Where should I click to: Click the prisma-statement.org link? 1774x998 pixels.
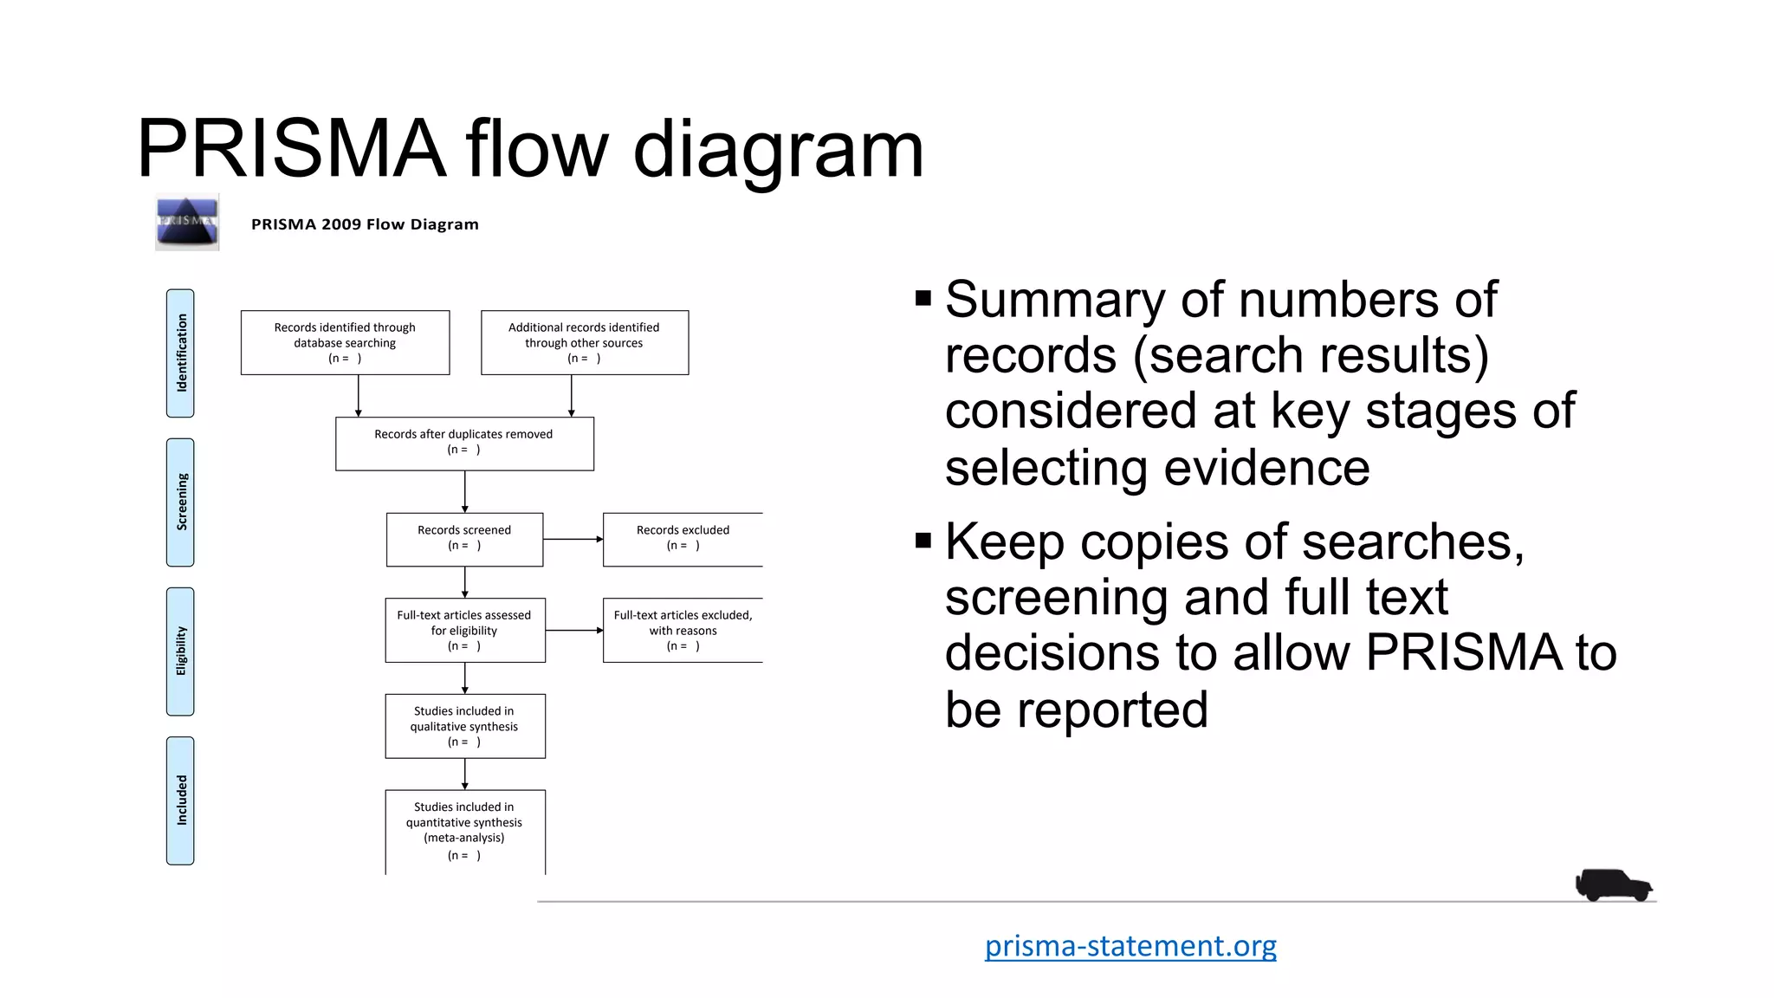[1130, 945]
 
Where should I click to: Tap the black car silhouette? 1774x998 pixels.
[1613, 885]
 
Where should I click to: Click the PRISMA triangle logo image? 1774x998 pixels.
[187, 223]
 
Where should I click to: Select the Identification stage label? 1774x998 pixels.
[180, 353]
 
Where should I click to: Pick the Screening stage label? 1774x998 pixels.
[180, 502]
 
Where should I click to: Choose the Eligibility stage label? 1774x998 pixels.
[180, 651]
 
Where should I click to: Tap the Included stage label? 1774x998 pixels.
[180, 800]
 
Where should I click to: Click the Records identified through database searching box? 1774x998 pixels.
[345, 342]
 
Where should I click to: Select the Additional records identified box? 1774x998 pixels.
[585, 342]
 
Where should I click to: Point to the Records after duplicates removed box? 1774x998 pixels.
[464, 444]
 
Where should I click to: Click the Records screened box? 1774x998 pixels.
[464, 539]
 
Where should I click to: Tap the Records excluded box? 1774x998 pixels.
[683, 539]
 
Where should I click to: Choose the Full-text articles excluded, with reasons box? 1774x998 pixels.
[683, 630]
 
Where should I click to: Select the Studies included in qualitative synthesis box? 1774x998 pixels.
[465, 726]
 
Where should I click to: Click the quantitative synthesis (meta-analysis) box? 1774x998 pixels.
[465, 831]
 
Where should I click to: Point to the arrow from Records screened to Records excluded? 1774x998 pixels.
[573, 539]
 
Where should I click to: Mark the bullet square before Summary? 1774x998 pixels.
[923, 299]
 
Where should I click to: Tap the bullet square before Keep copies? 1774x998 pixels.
[923, 541]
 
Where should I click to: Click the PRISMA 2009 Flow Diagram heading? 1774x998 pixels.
[365, 224]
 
